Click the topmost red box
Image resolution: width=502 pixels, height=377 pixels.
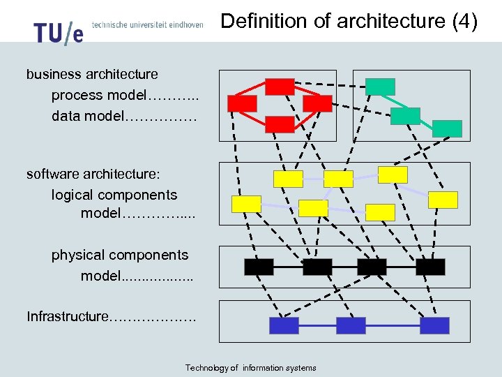coord(280,87)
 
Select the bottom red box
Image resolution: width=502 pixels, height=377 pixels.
coord(280,124)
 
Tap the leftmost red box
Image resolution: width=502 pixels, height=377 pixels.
coord(242,103)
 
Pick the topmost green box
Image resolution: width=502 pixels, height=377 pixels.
coord(380,87)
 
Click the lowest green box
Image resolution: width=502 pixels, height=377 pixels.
coord(447,128)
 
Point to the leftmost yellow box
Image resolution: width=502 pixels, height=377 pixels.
coord(246,204)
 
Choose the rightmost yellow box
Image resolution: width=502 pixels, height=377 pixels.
coord(443,200)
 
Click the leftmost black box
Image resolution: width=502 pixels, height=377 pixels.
coord(259,266)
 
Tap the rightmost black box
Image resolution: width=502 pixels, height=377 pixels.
coord(430,266)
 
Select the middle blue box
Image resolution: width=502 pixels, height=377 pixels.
coord(351,325)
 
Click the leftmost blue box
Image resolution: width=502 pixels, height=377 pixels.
coord(284,325)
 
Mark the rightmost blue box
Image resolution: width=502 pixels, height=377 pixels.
coord(434,325)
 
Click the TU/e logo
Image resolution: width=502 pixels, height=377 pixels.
coord(59,32)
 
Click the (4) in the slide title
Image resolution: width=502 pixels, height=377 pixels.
coord(464,22)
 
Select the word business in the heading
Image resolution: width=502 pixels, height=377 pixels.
coord(53,74)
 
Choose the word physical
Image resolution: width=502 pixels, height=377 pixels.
coord(77,255)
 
